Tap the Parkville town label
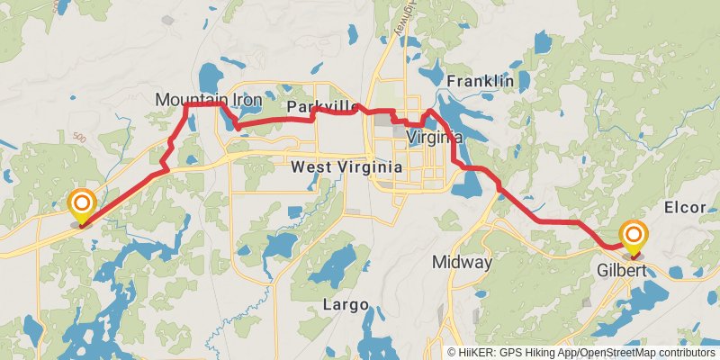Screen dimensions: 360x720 point(323,108)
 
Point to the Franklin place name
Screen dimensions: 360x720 point(480,81)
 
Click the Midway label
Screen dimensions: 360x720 point(462,263)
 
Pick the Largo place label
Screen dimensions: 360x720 point(346,305)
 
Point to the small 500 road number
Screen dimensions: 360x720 point(79,139)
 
